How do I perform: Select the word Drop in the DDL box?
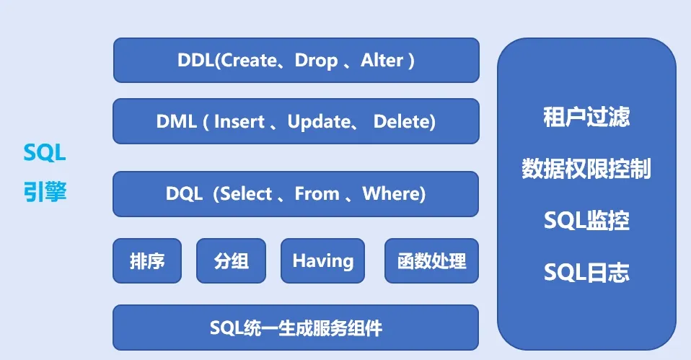(316, 61)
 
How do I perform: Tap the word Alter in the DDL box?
(382, 61)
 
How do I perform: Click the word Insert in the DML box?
(239, 122)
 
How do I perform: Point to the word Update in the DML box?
(318, 122)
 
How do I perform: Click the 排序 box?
(147, 260)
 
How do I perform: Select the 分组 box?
(232, 260)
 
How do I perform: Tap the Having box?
(322, 260)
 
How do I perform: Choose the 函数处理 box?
(431, 260)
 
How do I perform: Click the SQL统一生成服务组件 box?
(296, 328)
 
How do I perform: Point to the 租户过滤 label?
(586, 118)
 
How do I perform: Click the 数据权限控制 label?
(586, 169)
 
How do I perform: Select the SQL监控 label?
(586, 221)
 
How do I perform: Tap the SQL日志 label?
(586, 273)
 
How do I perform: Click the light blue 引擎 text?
(44, 192)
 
